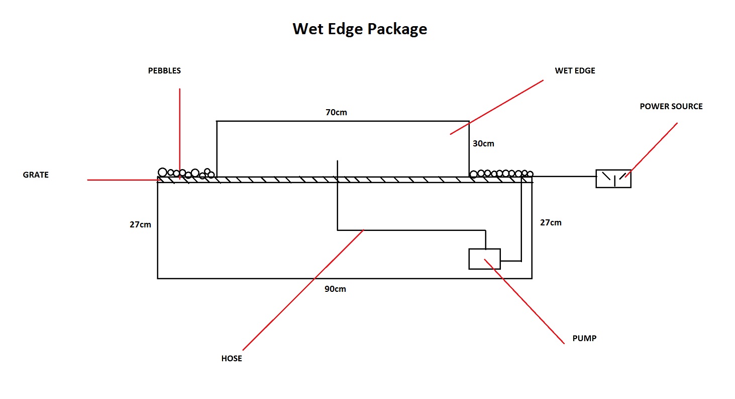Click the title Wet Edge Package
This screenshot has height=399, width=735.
tap(360, 29)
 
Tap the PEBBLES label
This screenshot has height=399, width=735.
tap(164, 71)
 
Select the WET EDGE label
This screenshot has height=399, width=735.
tap(575, 71)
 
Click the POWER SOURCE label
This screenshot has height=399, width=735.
tap(671, 107)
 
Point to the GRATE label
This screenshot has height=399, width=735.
tap(36, 175)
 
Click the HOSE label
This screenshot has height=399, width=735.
tap(232, 359)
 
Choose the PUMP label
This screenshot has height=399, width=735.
tap(584, 339)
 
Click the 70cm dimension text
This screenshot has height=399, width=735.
tap(336, 112)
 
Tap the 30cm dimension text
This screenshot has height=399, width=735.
tap(483, 143)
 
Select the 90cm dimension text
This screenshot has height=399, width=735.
tap(335, 289)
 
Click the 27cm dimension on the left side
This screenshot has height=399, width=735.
tap(140, 225)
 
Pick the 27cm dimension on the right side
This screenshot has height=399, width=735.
tap(551, 222)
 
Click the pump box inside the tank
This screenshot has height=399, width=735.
tap(484, 259)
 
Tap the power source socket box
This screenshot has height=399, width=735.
tap(613, 179)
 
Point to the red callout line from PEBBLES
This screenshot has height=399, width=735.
tap(179, 131)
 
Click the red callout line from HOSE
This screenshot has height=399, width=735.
tap(301, 292)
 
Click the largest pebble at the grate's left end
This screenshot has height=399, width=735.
tap(162, 172)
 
